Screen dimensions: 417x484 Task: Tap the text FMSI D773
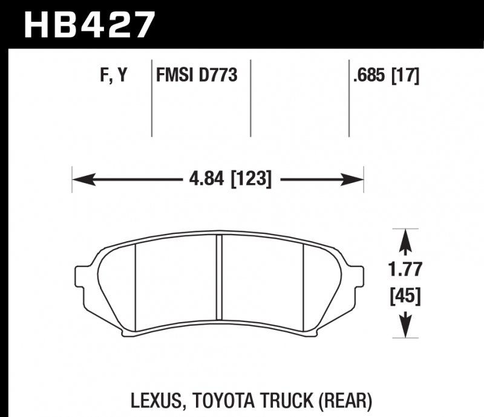196,76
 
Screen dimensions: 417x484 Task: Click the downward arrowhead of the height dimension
407,329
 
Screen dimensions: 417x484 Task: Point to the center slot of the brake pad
220,281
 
